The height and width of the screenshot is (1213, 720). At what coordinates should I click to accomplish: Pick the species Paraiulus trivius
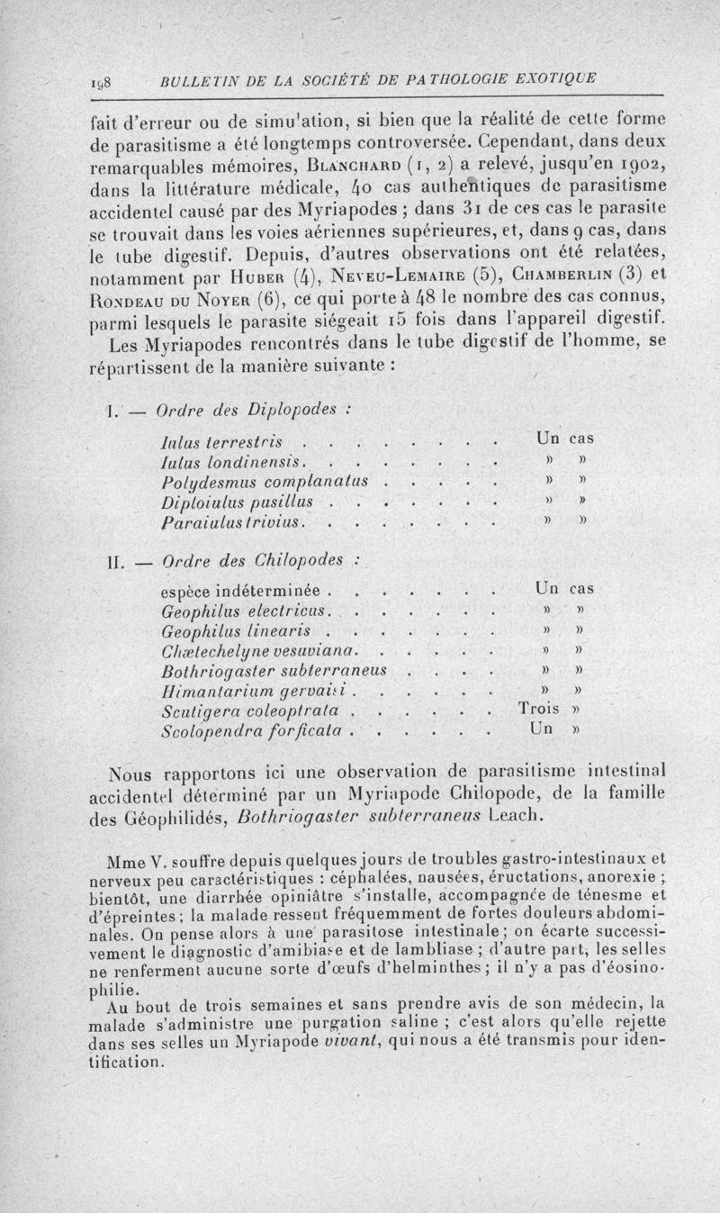pos(231,521)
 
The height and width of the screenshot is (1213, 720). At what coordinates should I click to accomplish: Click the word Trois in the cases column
pos(542,710)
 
